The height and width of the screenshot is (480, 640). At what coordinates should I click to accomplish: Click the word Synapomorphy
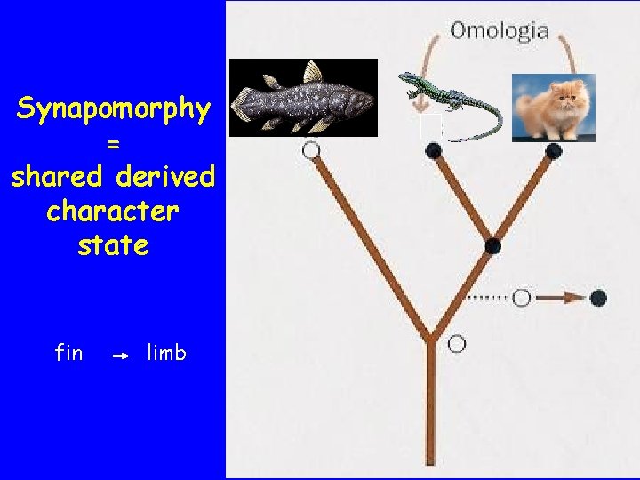tap(113, 110)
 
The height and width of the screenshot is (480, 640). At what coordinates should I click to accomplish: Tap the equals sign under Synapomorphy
tap(113, 143)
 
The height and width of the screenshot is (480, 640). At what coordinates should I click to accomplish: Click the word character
tap(113, 212)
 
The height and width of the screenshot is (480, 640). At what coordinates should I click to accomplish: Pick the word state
tap(113, 244)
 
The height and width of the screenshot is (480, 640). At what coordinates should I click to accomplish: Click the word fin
tap(68, 353)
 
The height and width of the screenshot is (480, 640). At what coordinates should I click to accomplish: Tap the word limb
tap(167, 353)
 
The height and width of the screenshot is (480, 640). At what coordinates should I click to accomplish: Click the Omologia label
tap(499, 31)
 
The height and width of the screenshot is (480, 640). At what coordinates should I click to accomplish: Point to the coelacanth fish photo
tap(303, 97)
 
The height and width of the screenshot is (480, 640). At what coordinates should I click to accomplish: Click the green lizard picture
tap(449, 104)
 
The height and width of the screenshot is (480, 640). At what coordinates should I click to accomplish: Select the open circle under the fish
tap(311, 150)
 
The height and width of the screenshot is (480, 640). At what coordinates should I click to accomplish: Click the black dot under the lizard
tap(434, 151)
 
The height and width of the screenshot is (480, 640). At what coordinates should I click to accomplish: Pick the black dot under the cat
tap(553, 150)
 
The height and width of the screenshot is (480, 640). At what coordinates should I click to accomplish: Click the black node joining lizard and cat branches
tap(493, 245)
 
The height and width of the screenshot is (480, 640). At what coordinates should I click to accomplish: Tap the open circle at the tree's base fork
tap(457, 343)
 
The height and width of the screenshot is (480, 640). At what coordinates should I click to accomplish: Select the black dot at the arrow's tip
tap(598, 297)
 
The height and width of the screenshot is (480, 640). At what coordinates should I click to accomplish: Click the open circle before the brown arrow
tap(522, 297)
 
